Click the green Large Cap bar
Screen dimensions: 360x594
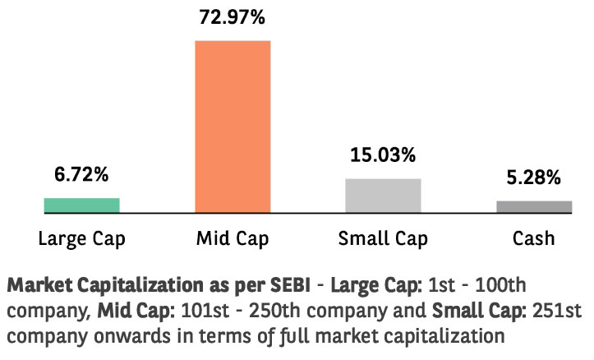point(81,205)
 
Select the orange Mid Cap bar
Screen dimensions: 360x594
point(233,126)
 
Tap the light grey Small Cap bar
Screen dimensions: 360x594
point(383,196)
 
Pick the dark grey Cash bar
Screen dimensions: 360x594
point(533,207)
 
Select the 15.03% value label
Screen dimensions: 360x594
point(383,155)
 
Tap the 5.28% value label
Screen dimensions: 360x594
point(533,177)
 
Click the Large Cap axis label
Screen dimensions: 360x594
point(81,239)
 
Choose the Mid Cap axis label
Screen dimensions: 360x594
point(233,239)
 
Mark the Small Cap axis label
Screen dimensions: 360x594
point(383,239)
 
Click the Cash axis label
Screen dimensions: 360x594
point(533,239)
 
